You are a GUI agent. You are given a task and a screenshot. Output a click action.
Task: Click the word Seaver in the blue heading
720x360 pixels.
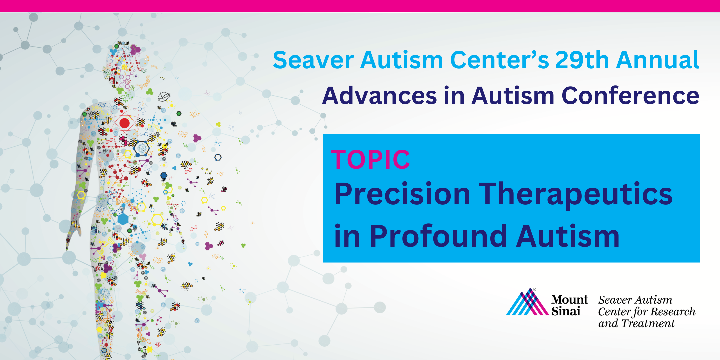click(x=313, y=60)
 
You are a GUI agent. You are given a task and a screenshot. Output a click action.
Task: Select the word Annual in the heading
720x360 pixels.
click(x=658, y=60)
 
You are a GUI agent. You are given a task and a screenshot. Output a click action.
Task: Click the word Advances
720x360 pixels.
click(x=379, y=96)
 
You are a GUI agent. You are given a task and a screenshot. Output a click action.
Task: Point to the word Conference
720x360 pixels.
click(x=630, y=96)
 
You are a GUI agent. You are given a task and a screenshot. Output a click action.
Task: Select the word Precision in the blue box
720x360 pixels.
click(x=402, y=194)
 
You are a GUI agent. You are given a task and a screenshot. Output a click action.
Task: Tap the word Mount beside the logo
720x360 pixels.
click(x=569, y=299)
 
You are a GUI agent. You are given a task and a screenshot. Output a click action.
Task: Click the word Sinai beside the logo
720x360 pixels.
click(x=566, y=311)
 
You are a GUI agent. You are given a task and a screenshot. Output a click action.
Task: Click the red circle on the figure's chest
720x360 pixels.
click(x=125, y=123)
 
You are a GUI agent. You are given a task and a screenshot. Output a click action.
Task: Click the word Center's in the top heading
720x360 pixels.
click(x=499, y=60)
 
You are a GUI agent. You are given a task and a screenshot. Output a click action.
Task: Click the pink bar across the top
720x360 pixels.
click(x=360, y=6)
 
